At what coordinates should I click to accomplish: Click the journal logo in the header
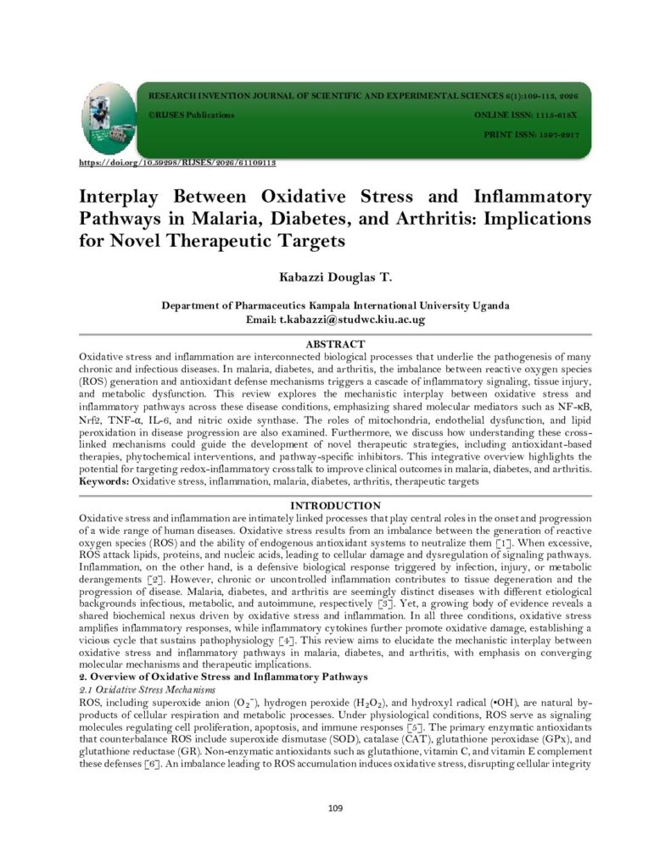pyautogui.click(x=109, y=119)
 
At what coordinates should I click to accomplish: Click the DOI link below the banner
pyautogui.click(x=177, y=162)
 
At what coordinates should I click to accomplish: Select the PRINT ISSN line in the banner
pyautogui.click(x=531, y=135)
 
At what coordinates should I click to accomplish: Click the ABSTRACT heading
pyautogui.click(x=335, y=344)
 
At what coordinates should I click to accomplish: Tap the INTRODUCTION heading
pyautogui.click(x=335, y=506)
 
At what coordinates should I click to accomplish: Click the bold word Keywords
pyautogui.click(x=104, y=481)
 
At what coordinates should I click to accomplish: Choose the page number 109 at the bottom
pyautogui.click(x=335, y=808)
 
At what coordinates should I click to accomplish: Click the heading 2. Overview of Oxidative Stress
pyautogui.click(x=222, y=676)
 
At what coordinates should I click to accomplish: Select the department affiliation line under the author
pyautogui.click(x=335, y=306)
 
